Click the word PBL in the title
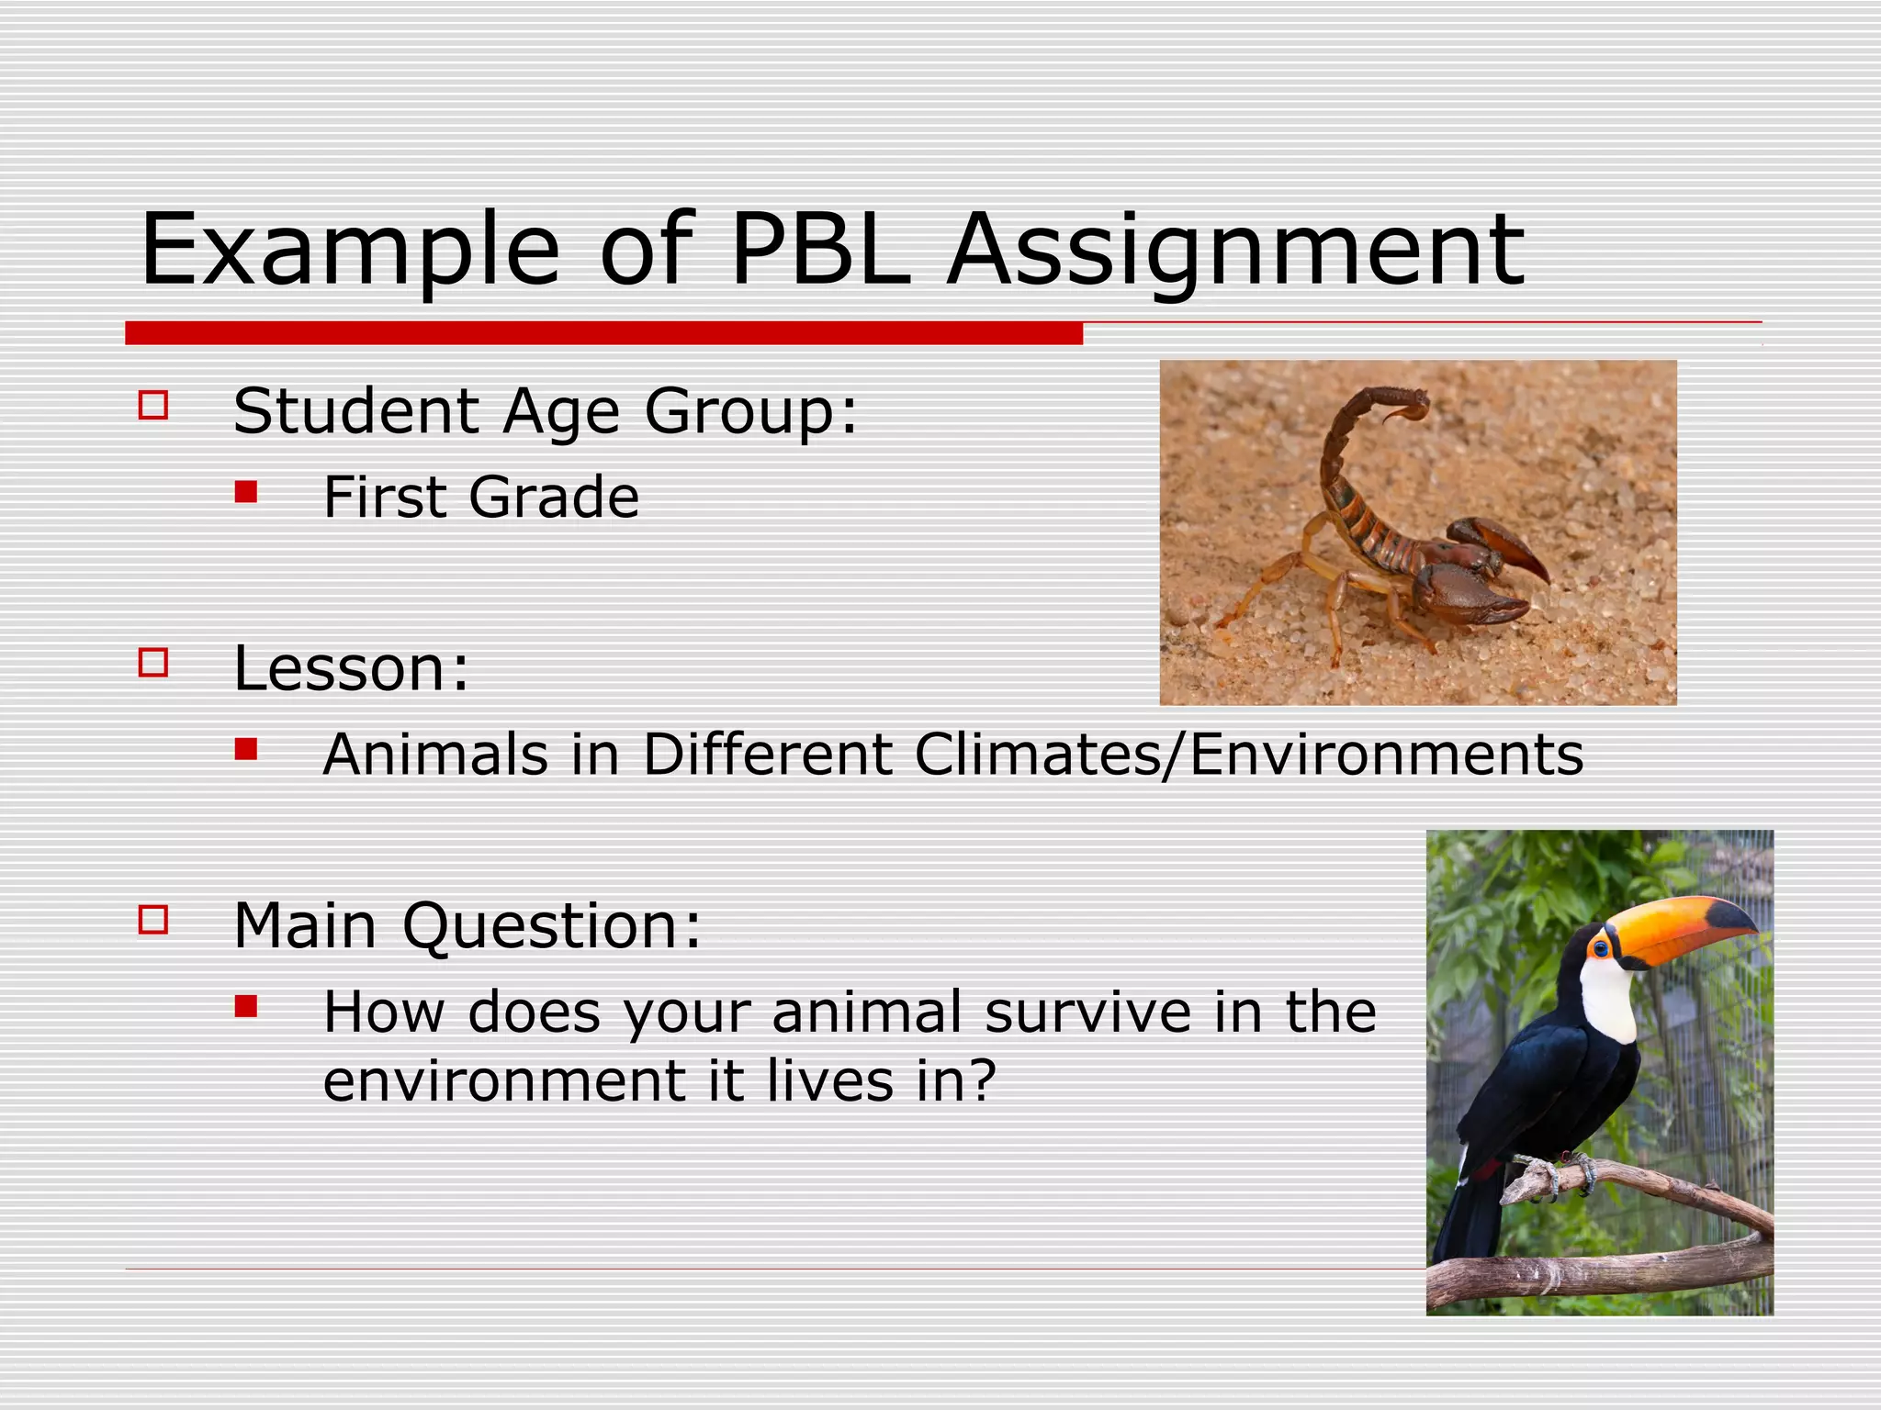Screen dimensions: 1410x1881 coord(820,250)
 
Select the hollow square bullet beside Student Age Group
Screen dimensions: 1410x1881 coord(153,406)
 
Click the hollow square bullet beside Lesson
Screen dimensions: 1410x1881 coord(153,663)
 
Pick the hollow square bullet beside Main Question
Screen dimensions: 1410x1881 coord(153,920)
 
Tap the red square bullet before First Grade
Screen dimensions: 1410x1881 coord(245,493)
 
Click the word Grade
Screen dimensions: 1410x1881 coord(553,498)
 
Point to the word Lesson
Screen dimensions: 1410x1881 coord(351,668)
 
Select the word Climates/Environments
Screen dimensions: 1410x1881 coord(1248,755)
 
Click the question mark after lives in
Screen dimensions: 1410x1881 coord(982,1080)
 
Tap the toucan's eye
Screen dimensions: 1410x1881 coord(1602,948)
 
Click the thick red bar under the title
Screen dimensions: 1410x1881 coord(603,333)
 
